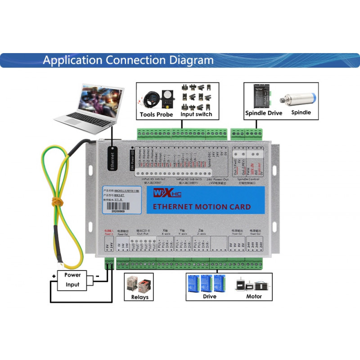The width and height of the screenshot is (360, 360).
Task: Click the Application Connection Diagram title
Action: (128, 60)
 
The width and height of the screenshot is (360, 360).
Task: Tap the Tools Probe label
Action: (156, 114)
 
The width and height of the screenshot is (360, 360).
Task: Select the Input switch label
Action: (196, 114)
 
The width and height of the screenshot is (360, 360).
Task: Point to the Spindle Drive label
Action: (263, 113)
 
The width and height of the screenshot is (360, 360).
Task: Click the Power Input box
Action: (72, 280)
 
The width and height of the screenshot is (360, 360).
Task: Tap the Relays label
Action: (139, 297)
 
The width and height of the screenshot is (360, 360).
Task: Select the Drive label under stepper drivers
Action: (209, 297)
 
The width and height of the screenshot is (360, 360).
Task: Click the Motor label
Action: (254, 297)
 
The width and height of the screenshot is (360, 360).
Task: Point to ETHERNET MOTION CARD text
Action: (202, 207)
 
